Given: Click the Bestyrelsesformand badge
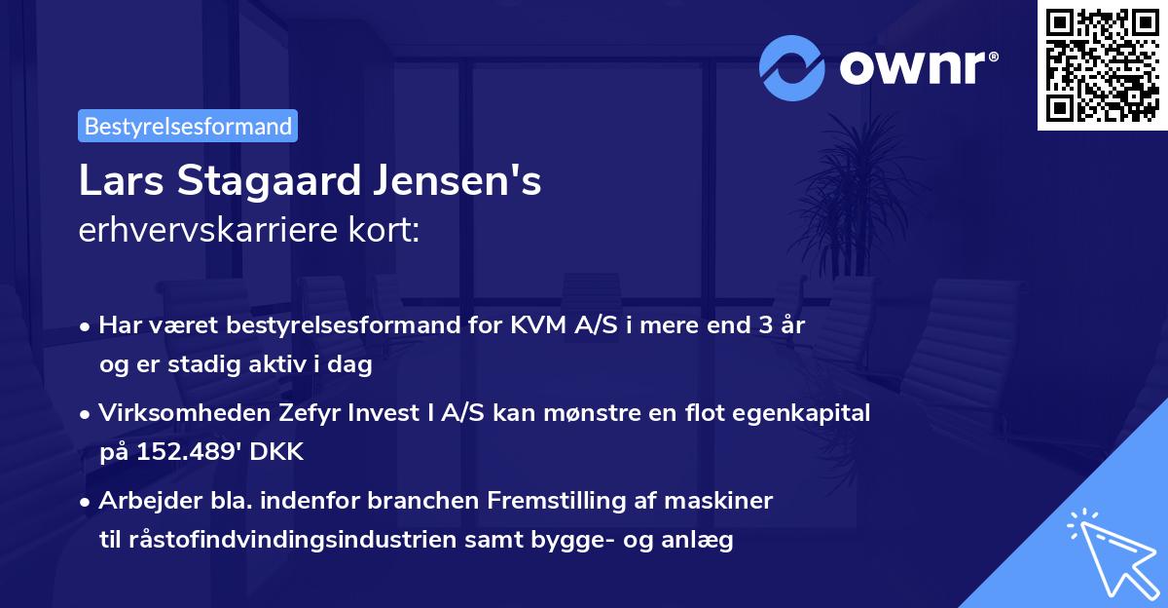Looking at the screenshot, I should coord(187,126).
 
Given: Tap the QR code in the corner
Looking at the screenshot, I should coord(1101,64).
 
